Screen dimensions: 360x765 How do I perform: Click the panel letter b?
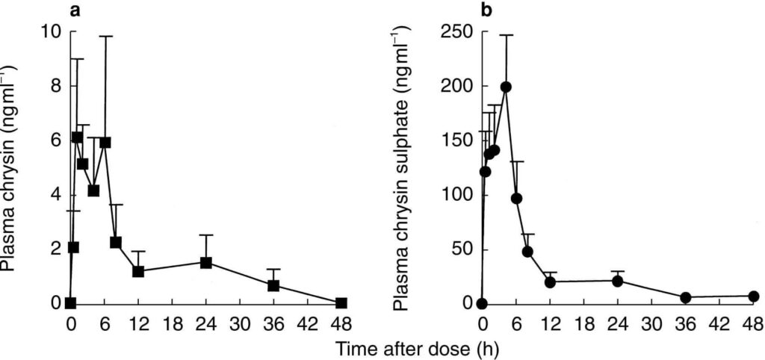tap(486, 10)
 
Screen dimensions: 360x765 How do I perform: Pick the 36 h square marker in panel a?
tap(273, 285)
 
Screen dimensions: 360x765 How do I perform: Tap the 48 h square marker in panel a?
tap(341, 303)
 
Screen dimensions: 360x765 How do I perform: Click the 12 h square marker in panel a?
tap(138, 271)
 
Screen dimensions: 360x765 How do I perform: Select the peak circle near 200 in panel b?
tap(506, 87)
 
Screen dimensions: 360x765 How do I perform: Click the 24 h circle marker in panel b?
tap(617, 281)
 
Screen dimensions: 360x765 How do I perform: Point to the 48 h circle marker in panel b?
tap(754, 297)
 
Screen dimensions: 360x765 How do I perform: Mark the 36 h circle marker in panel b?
tap(685, 297)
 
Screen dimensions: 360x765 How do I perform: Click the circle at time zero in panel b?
tap(482, 303)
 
